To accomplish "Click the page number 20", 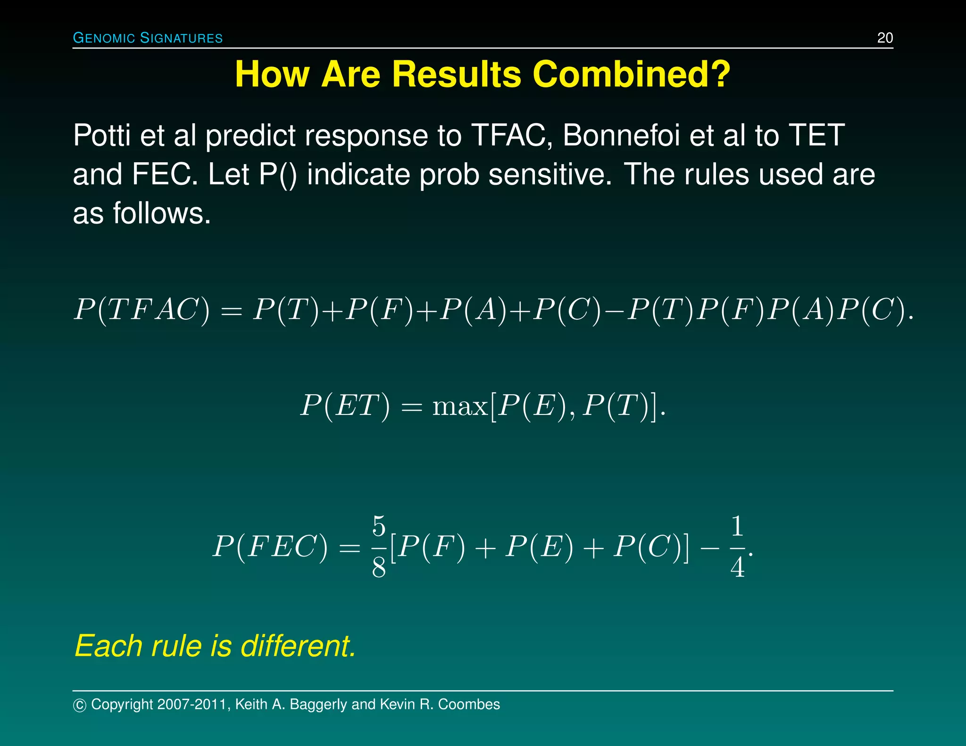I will click(885, 38).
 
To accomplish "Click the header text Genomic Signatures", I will click(148, 38).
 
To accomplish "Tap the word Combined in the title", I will click(631, 75).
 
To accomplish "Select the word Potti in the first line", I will click(101, 135).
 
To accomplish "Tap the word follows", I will click(161, 214).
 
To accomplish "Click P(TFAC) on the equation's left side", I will click(142, 310).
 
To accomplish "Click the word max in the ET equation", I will click(460, 406).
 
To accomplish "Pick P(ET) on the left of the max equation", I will click(345, 406).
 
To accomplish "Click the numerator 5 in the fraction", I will click(379, 526).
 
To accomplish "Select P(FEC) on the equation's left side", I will click(270, 547).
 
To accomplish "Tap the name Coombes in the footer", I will click(469, 705).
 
